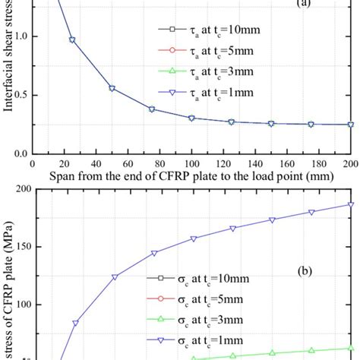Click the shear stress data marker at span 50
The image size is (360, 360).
112,88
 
